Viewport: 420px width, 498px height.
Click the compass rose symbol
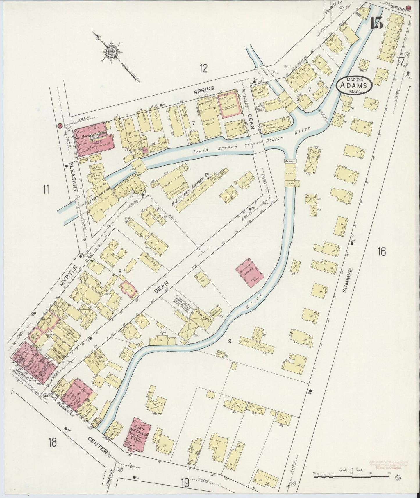[112, 52]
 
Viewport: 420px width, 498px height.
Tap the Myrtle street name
[65, 276]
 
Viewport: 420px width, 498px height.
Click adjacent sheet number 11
[46, 189]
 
